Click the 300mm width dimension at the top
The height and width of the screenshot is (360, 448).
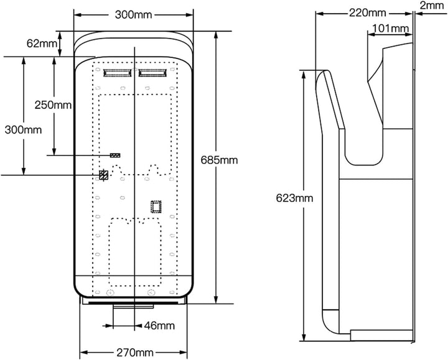[133, 14]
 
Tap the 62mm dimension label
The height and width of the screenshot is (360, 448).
[42, 44]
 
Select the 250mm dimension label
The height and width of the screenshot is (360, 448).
[53, 105]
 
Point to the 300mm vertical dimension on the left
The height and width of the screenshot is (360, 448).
[23, 130]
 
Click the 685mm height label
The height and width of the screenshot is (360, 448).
[219, 160]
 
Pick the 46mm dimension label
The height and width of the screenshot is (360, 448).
[159, 325]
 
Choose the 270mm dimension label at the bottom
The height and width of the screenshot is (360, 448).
[135, 353]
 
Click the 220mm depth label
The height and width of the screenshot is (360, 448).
[368, 13]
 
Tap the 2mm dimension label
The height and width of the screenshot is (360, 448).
[432, 5]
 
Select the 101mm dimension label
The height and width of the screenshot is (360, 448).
[391, 29]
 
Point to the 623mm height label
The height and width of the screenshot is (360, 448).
[294, 198]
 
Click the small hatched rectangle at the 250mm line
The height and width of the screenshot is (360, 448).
[115, 155]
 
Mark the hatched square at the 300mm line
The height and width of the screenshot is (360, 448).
[103, 175]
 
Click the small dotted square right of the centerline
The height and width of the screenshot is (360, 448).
[156, 207]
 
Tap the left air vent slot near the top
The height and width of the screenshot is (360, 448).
[118, 73]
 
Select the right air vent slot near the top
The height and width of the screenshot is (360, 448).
[152, 73]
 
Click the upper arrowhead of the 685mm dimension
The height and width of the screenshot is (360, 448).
[217, 35]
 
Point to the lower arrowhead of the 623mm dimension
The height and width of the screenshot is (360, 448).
[304, 337]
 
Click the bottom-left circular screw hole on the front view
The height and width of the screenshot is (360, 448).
[110, 293]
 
